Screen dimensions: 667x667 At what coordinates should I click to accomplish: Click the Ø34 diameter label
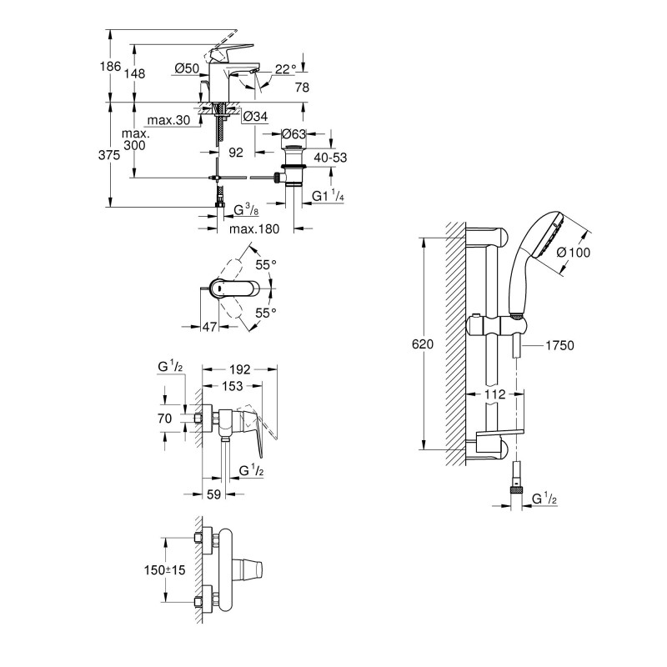(x=254, y=117)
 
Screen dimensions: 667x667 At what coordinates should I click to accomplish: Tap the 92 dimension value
(x=235, y=153)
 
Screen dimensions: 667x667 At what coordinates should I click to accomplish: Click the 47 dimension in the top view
(x=209, y=326)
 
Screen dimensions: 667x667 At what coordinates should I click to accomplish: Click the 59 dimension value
(x=213, y=494)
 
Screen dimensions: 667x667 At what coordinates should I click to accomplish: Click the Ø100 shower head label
(x=574, y=251)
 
